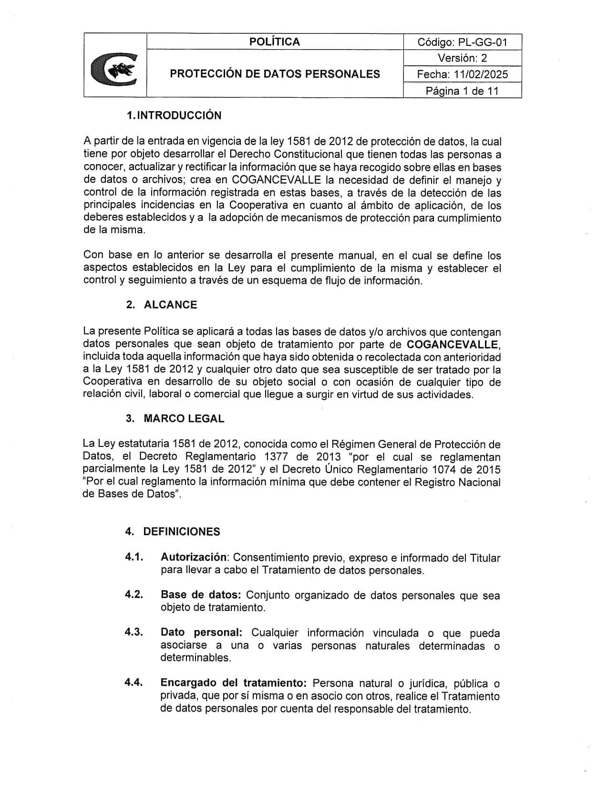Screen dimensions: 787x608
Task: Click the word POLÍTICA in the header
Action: click(275, 42)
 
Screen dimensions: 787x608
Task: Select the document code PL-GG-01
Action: click(483, 42)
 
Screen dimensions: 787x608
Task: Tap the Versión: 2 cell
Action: click(462, 58)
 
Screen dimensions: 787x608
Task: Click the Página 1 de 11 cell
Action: click(462, 91)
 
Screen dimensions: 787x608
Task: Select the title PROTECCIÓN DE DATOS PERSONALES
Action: click(275, 74)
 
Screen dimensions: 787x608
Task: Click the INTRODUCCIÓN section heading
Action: click(179, 115)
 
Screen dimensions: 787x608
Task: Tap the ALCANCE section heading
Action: click(170, 305)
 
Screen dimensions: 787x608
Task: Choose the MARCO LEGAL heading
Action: click(184, 419)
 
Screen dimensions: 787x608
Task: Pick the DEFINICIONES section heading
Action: click(182, 532)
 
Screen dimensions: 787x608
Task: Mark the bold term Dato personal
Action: click(201, 632)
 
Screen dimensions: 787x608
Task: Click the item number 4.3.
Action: click(134, 632)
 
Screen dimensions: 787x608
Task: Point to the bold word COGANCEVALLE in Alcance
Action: click(453, 344)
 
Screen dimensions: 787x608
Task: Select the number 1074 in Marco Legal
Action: click(446, 469)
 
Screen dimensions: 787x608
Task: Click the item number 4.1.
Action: click(134, 557)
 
